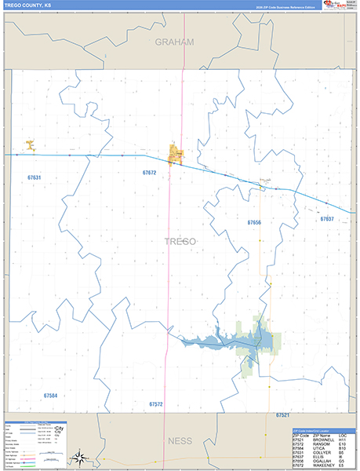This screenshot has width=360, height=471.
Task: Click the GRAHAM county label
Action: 174,42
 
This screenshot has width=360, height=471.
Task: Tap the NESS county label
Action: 180,440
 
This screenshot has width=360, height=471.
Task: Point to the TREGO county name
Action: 180,241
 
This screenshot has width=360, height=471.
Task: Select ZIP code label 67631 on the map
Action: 34,178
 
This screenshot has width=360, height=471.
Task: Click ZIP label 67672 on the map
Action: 150,173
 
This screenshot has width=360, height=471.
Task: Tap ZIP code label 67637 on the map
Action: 326,219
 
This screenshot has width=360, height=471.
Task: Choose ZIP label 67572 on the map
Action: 155,403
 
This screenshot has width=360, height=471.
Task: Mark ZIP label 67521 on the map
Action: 282,414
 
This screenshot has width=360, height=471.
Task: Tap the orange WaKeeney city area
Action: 174,155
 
